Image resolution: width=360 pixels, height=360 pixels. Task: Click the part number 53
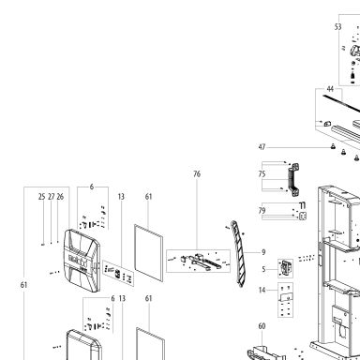(337, 27)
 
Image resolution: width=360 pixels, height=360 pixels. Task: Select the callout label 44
(330, 89)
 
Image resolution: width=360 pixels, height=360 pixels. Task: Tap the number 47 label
(262, 147)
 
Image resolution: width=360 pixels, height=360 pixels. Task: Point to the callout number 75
(262, 174)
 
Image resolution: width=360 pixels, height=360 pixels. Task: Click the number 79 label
(262, 211)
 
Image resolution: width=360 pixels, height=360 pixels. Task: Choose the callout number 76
(197, 174)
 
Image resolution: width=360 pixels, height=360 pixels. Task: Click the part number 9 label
(263, 252)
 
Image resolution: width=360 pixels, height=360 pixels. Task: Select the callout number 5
(263, 269)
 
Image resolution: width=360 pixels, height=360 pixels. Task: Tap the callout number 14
(262, 290)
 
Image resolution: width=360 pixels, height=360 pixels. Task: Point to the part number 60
(262, 326)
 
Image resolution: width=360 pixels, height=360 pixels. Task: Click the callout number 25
(42, 197)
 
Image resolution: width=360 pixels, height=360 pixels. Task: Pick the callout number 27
(52, 197)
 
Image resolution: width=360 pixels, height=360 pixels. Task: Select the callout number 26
(60, 197)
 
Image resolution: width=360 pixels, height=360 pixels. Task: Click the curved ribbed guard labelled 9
(238, 254)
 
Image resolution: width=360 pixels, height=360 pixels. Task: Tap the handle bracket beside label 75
(293, 180)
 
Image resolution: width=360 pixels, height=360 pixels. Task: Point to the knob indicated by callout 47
(333, 146)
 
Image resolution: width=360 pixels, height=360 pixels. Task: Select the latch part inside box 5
(286, 268)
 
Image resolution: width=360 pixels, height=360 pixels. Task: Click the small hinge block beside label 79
(303, 216)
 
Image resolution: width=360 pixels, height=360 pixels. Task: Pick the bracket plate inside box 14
(286, 297)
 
